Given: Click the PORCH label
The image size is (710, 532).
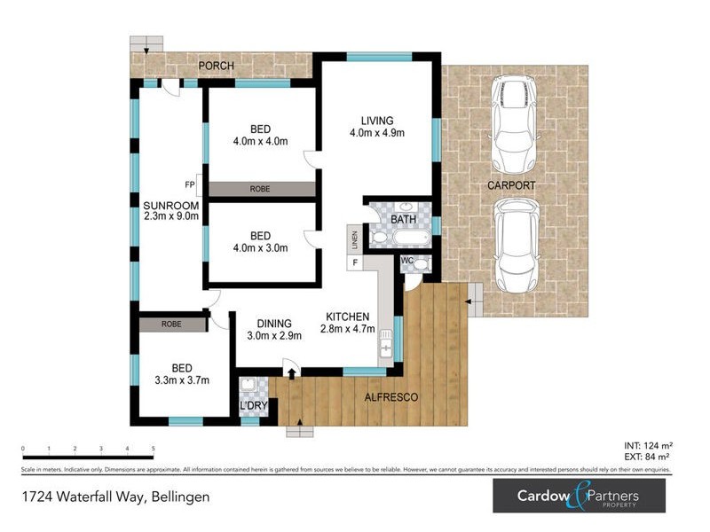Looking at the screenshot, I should tap(215, 66).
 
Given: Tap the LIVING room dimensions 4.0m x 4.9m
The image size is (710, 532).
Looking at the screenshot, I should tap(376, 134).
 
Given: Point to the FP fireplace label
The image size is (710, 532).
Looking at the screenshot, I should tap(189, 184).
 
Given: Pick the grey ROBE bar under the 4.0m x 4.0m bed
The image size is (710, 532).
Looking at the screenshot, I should tap(260, 189).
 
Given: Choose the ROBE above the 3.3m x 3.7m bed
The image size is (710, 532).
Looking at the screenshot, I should tap(171, 324).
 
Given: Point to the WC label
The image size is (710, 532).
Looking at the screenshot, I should tap(407, 260).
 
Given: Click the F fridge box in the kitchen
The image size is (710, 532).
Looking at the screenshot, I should tap(355, 262).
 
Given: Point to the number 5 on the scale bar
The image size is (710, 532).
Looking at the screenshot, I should tap(154, 449).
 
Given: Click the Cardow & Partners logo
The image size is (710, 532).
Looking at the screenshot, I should tap(579, 495).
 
